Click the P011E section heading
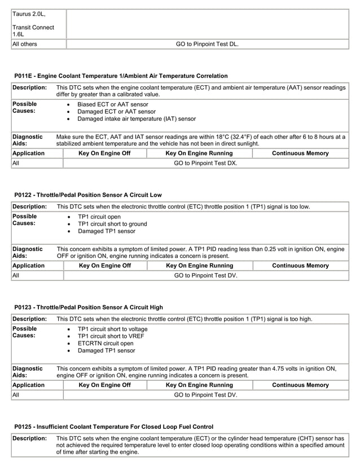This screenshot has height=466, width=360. point(121,76)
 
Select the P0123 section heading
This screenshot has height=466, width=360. point(89,307)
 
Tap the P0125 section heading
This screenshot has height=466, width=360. point(113,427)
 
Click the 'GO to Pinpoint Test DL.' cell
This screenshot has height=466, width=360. point(207,43)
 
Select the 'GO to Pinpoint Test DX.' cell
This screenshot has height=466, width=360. point(207,163)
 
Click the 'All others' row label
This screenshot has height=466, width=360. point(25,43)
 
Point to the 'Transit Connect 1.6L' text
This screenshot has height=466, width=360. point(33,30)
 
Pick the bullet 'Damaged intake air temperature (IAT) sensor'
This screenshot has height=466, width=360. point(137,119)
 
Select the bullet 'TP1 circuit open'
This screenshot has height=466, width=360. point(99,217)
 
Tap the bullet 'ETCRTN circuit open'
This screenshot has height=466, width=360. point(106,343)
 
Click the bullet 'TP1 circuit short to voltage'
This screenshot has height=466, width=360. point(112,329)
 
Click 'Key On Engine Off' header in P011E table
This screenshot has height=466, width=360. point(104,153)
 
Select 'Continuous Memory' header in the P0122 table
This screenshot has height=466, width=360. point(300,266)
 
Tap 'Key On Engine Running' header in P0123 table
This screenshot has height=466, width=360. point(199,385)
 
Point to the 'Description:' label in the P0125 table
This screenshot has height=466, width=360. point(30,438)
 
